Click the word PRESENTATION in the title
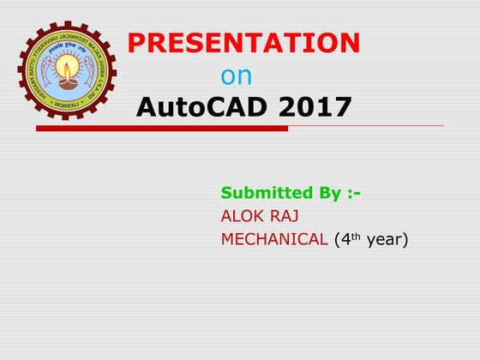click(x=243, y=43)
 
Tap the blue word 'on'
click(x=237, y=76)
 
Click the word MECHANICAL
click(x=274, y=239)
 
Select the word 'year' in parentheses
click(x=386, y=240)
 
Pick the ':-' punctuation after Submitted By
click(x=351, y=194)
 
